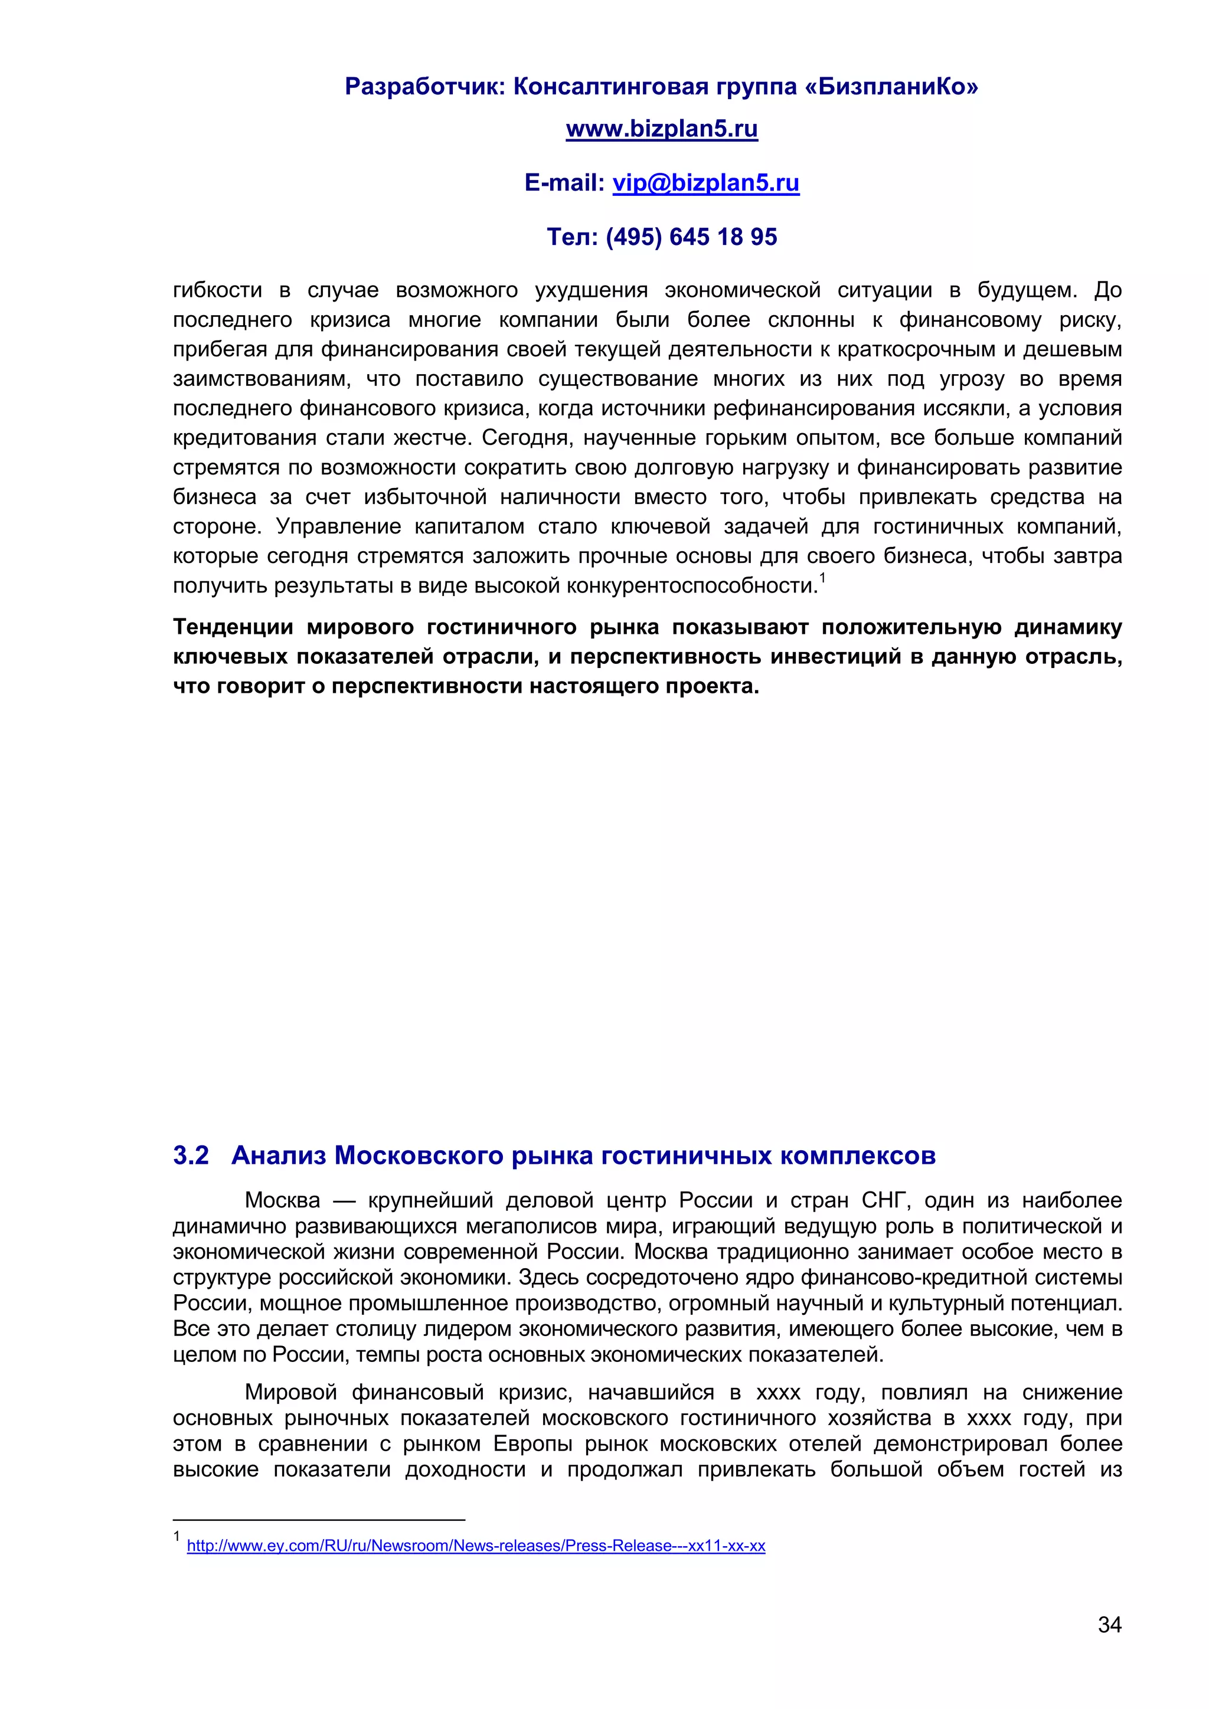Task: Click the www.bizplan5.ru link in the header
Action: click(661, 129)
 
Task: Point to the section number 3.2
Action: click(191, 1155)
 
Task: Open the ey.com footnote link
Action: click(476, 1546)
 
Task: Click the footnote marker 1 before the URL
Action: click(177, 1536)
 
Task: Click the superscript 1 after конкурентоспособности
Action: click(822, 577)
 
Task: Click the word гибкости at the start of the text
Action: click(217, 290)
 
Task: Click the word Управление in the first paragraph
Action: click(339, 526)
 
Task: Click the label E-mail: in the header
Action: click(564, 182)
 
